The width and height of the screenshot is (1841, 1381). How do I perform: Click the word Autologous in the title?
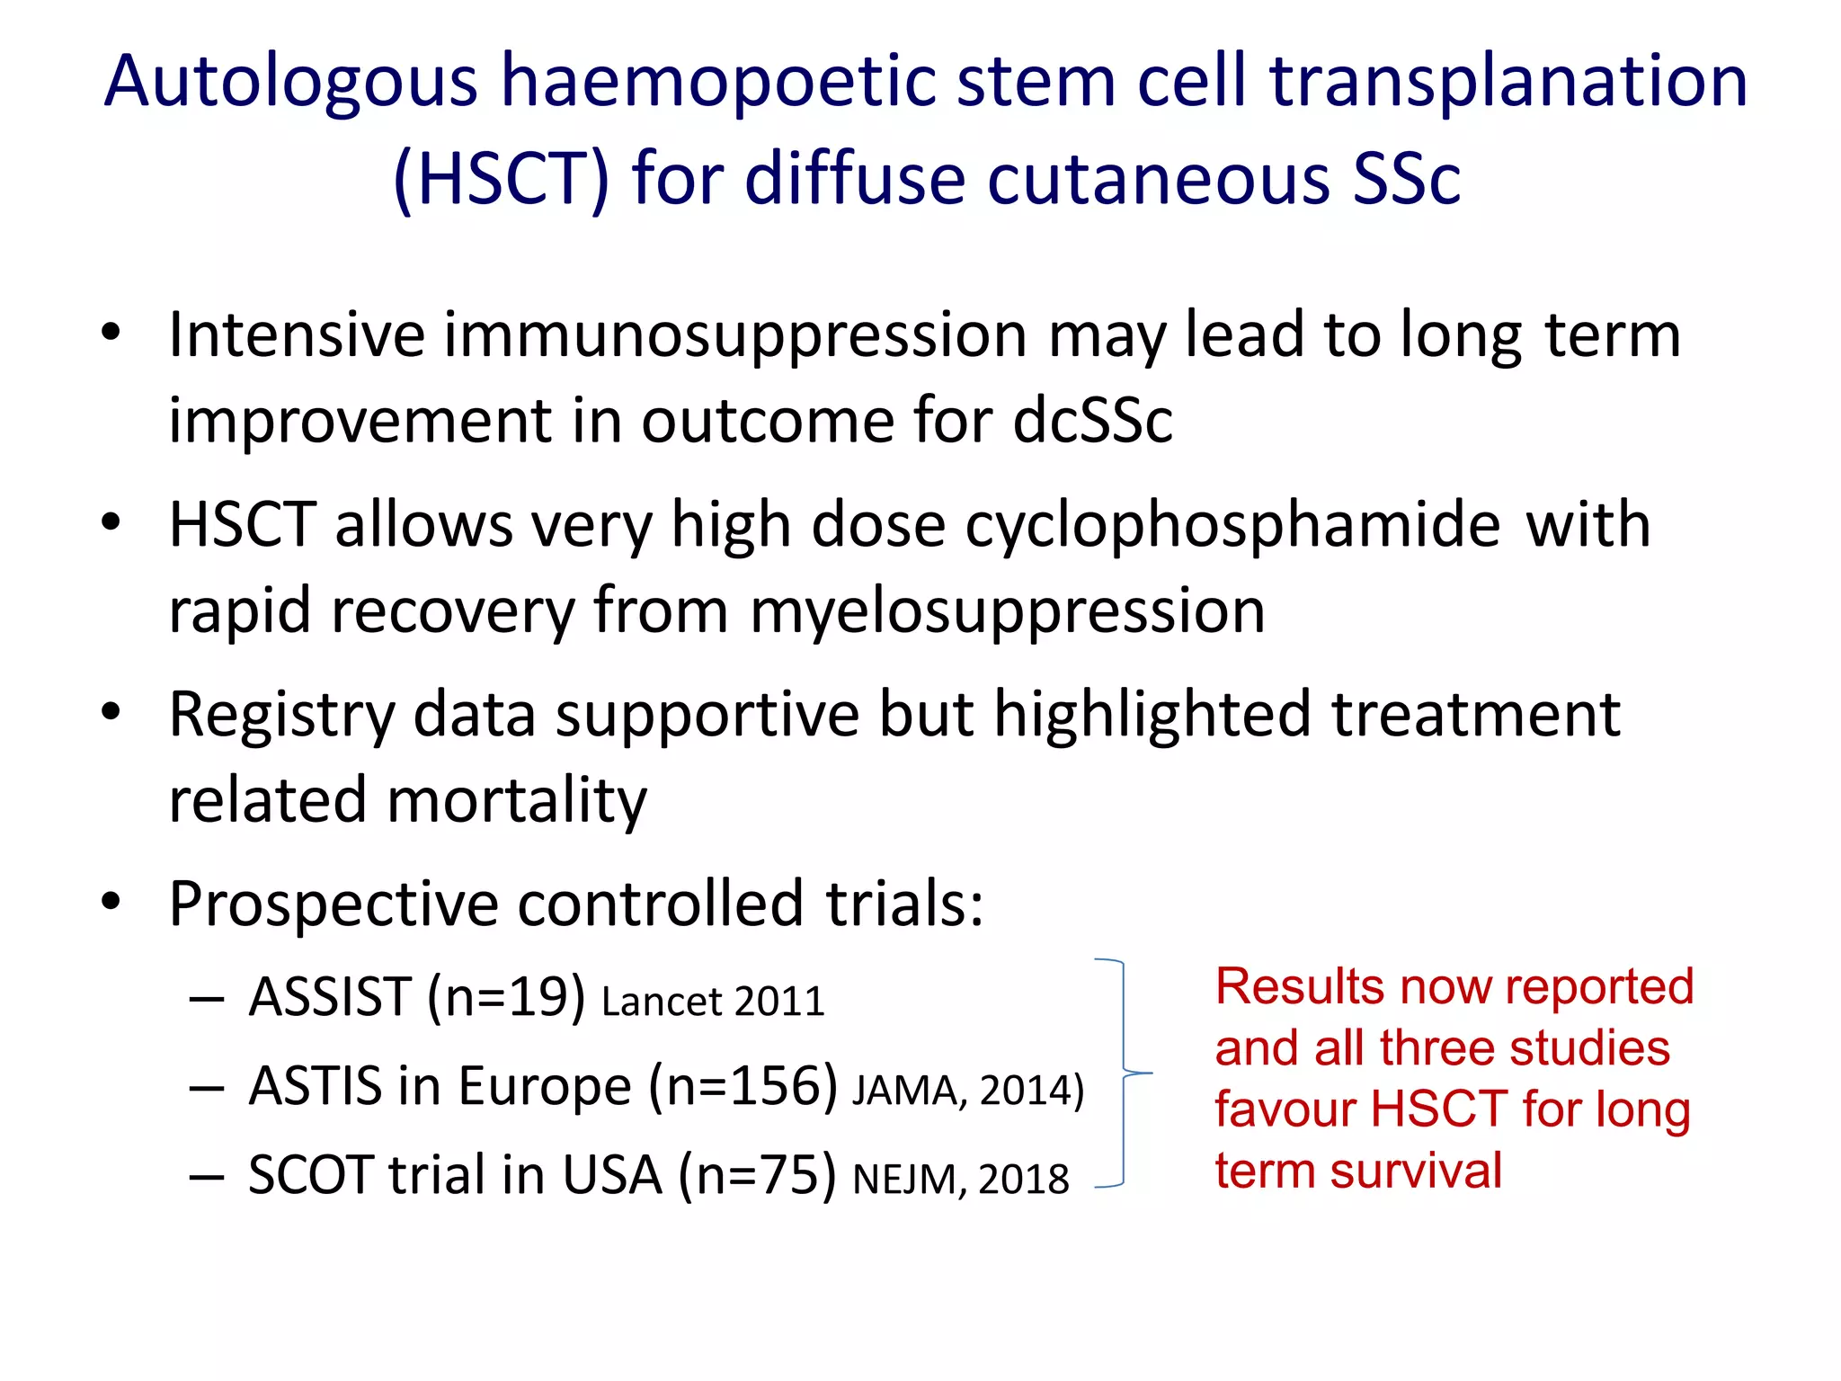(x=289, y=83)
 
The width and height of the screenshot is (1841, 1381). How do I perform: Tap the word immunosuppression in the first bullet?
(x=734, y=335)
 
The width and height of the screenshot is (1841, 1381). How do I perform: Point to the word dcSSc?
(x=1092, y=421)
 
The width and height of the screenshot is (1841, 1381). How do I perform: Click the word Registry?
(x=281, y=716)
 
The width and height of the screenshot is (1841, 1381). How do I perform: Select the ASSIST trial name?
(x=330, y=997)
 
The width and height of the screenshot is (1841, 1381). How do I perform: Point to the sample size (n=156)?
(x=743, y=1086)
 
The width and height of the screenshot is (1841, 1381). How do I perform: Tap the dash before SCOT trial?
(x=206, y=1177)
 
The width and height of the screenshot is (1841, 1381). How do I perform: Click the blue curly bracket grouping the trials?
(x=1123, y=1073)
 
